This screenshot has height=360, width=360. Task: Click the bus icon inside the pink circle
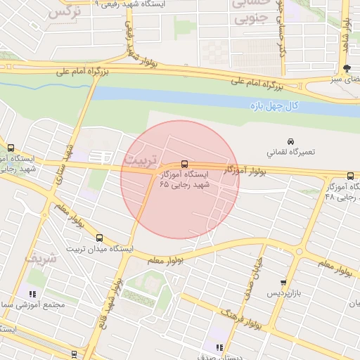click(x=184, y=164)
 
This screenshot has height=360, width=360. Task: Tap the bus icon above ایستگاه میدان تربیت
click(x=99, y=238)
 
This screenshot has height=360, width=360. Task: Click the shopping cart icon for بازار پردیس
click(x=283, y=282)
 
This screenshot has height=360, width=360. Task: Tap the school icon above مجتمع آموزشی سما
click(x=32, y=294)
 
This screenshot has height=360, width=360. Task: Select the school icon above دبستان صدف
click(x=220, y=347)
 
